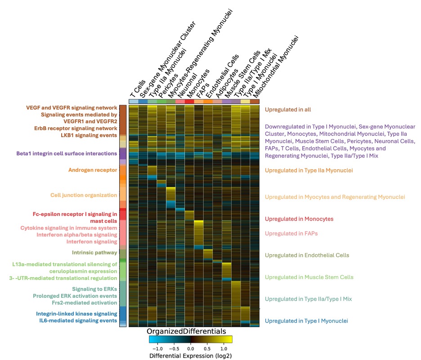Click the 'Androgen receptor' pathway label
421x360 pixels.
[93, 170]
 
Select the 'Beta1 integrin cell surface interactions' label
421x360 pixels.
[67, 153]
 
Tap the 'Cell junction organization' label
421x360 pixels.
[84, 195]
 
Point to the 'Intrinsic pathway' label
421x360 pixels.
[94, 252]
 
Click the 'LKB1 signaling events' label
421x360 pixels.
[89, 135]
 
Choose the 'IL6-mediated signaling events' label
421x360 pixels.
[78, 320]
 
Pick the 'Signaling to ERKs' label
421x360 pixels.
[94, 289]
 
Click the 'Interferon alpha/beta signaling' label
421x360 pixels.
[77, 235]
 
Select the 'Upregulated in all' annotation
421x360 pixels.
[288, 110]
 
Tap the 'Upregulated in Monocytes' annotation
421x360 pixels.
[299, 219]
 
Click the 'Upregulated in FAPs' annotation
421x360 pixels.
[291, 234]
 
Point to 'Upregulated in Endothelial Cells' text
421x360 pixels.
[307, 255]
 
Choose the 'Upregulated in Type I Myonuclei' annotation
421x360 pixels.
[306, 321]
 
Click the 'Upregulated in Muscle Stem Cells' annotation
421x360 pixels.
[309, 277]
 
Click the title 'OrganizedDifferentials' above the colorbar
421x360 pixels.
[186, 331]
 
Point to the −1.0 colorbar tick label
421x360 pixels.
[157, 349]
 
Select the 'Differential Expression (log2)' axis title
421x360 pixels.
[190, 355]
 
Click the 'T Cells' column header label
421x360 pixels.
[138, 89]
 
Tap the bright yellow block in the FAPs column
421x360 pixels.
[199, 233]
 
